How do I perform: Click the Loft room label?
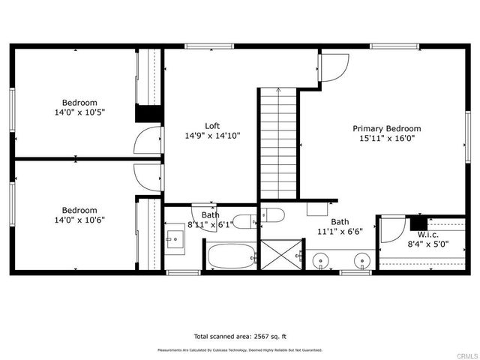[212, 125]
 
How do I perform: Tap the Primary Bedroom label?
[387, 128]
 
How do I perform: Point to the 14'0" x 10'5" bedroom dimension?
[79, 112]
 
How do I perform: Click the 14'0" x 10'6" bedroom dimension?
[79, 220]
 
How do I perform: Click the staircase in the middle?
[278, 142]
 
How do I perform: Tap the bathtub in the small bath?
[231, 256]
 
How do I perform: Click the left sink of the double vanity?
[321, 263]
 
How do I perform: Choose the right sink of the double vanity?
[362, 263]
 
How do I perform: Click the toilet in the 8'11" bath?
[244, 221]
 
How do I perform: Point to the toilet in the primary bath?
[272, 215]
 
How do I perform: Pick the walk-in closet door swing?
[392, 229]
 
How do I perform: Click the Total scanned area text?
[241, 336]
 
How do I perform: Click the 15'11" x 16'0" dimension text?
[387, 138]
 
